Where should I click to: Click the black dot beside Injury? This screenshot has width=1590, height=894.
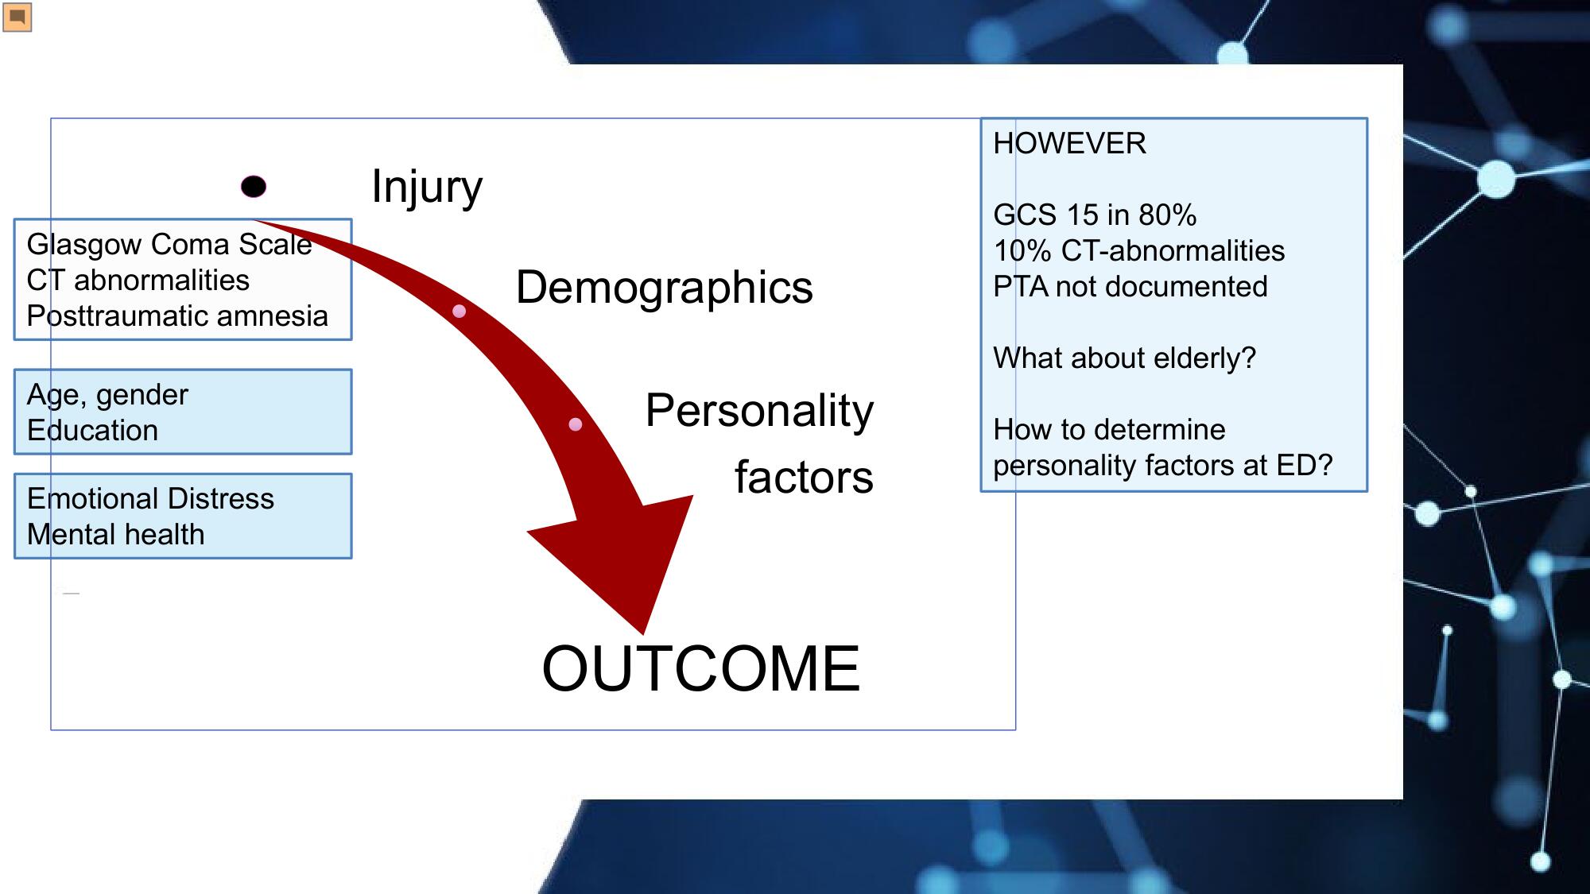point(254,187)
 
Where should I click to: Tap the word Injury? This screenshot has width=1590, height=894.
point(427,188)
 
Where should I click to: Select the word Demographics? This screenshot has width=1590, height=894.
point(665,288)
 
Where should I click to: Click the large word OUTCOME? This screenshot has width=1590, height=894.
point(701,668)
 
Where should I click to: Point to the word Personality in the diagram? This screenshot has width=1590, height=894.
point(759,411)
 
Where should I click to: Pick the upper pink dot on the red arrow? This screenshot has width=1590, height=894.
point(459,311)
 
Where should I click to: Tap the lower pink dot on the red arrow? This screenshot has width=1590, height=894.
point(576,424)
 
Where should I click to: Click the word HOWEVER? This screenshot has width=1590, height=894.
point(1070,144)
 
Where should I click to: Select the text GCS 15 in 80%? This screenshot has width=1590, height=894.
point(1095,215)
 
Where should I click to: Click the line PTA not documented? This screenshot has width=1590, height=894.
point(1130,287)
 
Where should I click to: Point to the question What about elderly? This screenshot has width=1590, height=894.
point(1125,358)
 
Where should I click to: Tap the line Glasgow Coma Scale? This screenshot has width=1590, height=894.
point(169,245)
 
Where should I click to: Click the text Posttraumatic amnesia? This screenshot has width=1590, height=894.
point(177,316)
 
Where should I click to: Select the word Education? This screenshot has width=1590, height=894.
point(93,431)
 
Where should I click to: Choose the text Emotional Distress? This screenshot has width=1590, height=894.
point(150,499)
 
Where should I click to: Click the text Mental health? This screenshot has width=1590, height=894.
point(116,535)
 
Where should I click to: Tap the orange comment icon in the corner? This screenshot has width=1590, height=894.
point(17,17)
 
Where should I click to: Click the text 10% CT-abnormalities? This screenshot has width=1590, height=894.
point(1139,251)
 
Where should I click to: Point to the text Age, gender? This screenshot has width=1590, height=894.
point(107,395)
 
